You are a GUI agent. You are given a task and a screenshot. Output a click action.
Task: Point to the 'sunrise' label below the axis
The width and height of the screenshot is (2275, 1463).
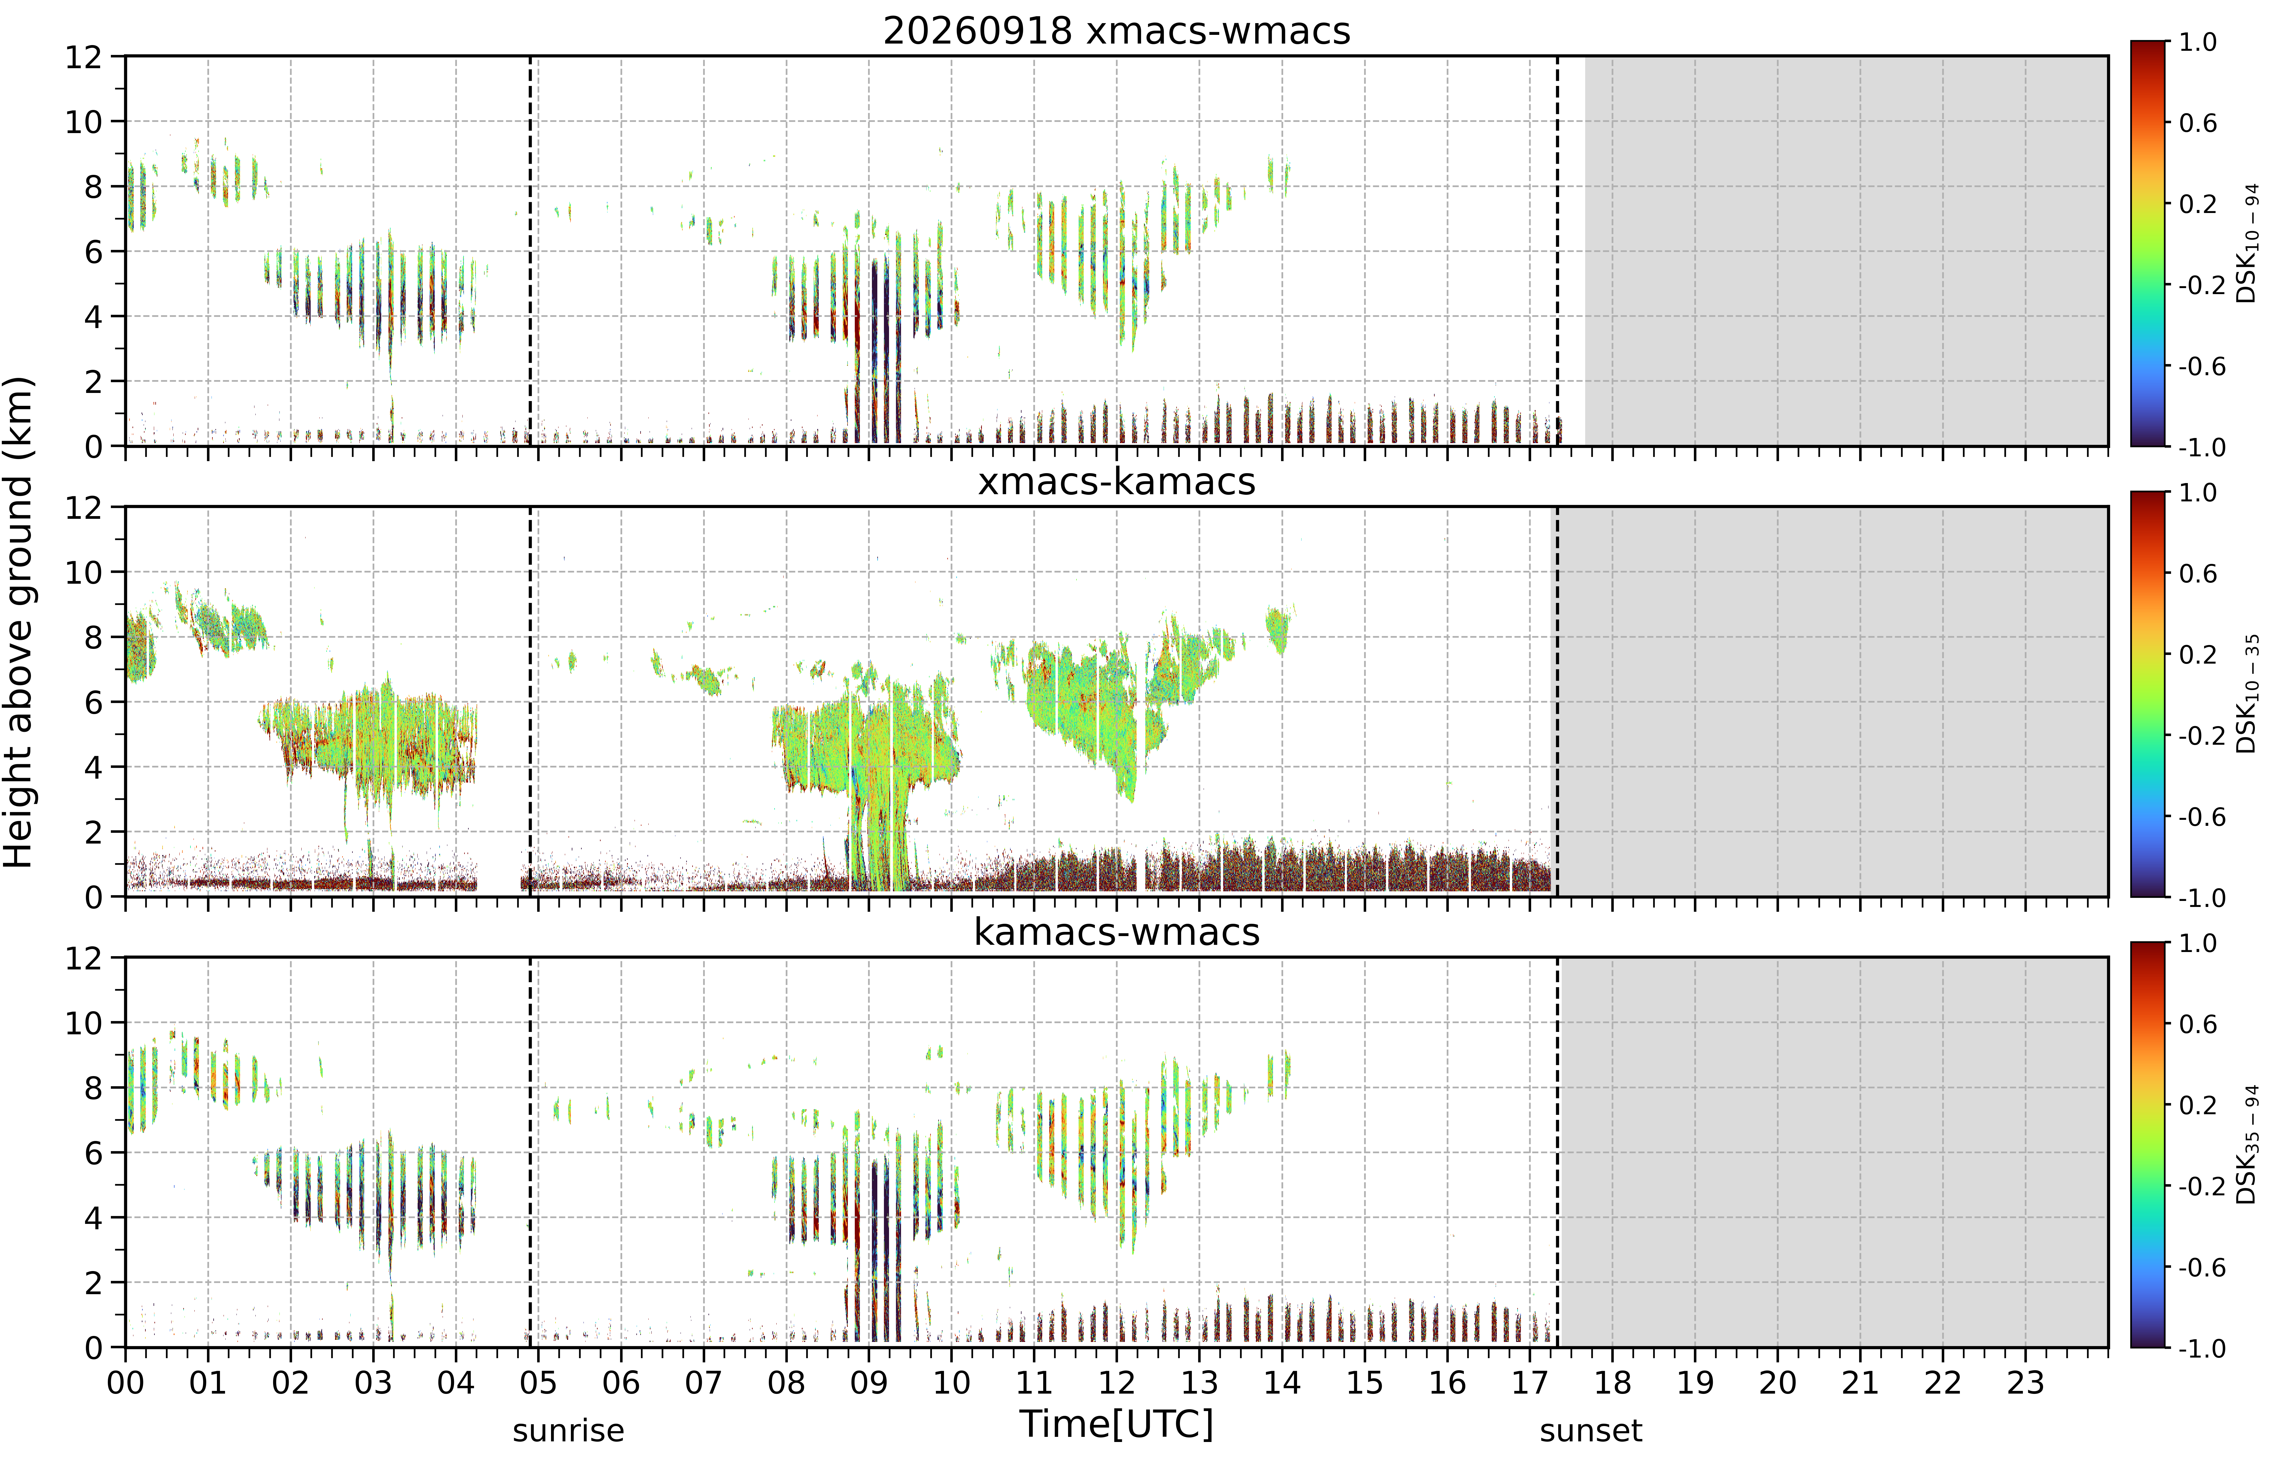(568, 1431)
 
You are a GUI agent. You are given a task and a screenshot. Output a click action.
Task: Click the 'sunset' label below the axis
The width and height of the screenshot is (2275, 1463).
(1591, 1431)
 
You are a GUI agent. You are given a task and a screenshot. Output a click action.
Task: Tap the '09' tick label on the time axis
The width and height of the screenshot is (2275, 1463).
(868, 1382)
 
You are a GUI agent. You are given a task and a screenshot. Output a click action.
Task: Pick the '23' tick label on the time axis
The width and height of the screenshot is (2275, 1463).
(2025, 1382)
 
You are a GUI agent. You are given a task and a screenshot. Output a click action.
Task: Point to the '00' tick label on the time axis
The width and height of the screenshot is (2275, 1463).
(125, 1382)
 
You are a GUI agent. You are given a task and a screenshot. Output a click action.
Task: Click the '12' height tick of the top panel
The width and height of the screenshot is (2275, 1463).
(84, 57)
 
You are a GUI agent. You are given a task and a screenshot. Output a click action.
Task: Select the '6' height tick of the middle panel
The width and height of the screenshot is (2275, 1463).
(93, 702)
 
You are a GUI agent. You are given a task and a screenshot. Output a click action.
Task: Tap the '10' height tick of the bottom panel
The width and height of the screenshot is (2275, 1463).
(84, 1023)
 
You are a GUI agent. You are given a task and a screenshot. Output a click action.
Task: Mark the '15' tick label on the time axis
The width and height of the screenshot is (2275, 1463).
(1364, 1382)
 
